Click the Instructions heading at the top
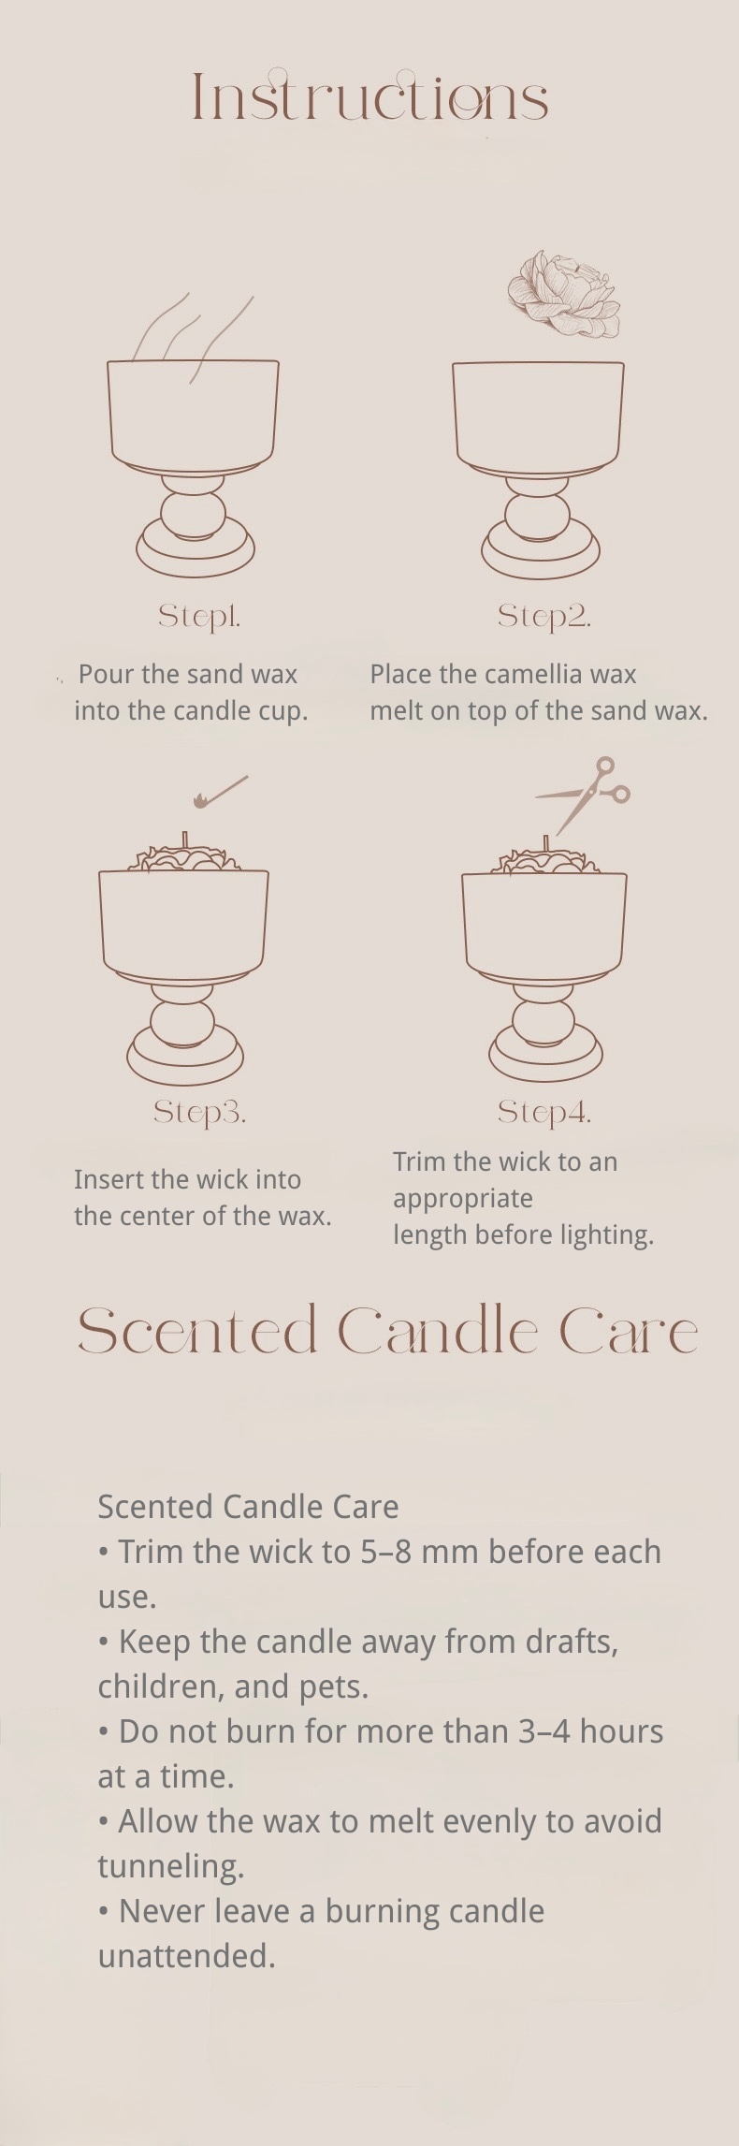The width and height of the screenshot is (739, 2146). [x=369, y=97]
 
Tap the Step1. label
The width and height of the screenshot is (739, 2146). [x=199, y=616]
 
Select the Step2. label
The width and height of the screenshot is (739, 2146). [x=543, y=616]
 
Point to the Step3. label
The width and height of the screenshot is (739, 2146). [x=199, y=1112]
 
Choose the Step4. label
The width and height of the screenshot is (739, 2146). [x=543, y=1112]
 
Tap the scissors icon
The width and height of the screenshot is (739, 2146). [x=586, y=794]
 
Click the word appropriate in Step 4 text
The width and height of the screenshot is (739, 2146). [x=462, y=1199]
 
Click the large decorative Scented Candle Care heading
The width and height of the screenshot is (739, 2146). [x=386, y=1331]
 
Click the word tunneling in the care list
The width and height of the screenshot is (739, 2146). [x=170, y=1866]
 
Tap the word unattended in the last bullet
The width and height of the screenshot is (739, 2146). [x=186, y=1956]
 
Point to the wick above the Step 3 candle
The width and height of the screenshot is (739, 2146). [x=185, y=839]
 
